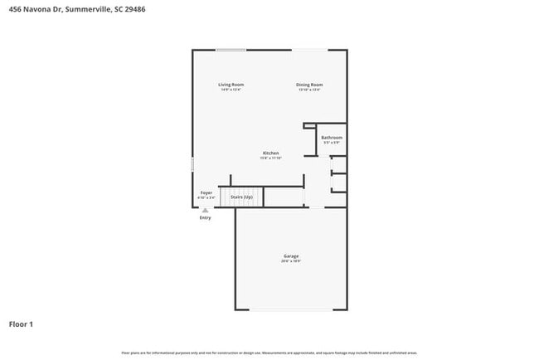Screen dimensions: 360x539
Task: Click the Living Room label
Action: (231, 85)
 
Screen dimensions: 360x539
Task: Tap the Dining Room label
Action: (310, 85)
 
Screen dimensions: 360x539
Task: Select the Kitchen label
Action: (270, 153)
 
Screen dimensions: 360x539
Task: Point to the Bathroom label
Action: (332, 138)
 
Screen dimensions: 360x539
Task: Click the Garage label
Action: (290, 256)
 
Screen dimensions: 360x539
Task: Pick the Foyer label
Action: (206, 192)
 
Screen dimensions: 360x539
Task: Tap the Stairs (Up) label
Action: (241, 197)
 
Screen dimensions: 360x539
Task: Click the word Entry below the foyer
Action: (205, 218)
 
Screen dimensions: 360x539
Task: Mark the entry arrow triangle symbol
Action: (205, 211)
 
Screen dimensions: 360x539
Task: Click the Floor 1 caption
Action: (22, 324)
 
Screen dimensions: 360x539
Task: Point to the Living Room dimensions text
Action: (231, 90)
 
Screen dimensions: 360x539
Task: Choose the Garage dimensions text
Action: (290, 261)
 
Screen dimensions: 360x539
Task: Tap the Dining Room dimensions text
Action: (310, 90)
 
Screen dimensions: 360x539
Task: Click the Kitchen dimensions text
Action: (270, 158)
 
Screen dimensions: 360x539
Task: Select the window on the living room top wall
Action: (231, 50)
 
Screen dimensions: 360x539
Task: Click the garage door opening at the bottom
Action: (290, 310)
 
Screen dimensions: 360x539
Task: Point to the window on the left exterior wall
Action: (192, 164)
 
